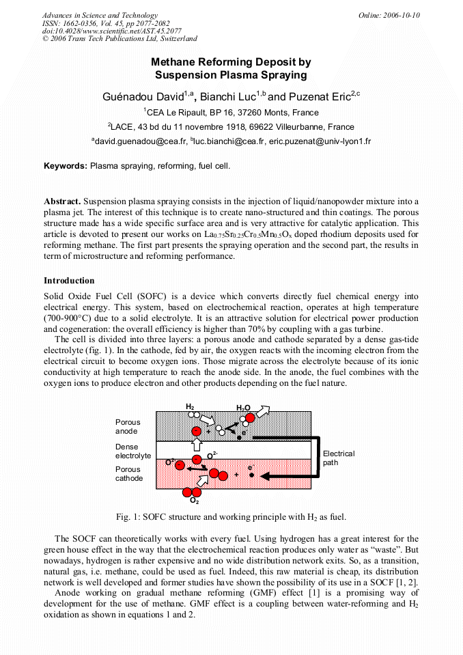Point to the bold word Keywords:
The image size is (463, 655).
tap(66, 166)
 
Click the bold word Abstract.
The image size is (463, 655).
tap(62, 201)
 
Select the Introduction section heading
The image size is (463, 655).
tap(69, 281)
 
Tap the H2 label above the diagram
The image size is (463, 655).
tap(190, 406)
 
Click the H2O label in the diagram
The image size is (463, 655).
tap(243, 408)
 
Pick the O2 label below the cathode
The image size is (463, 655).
tap(194, 501)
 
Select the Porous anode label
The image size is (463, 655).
tap(128, 427)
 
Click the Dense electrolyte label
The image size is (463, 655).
tap(132, 451)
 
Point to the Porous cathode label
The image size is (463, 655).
tap(129, 474)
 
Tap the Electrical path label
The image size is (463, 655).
tap(338, 458)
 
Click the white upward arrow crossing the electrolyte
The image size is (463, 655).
tap(196, 445)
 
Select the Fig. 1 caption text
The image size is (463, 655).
tap(231, 516)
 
